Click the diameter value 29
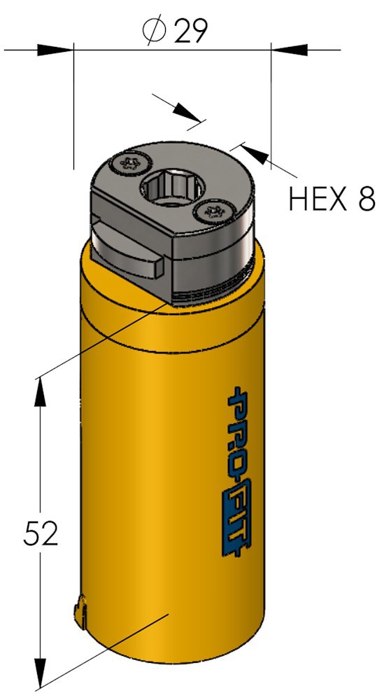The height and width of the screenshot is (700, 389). [190, 31]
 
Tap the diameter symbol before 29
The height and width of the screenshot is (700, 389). [155, 31]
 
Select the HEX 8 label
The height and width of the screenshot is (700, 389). [332, 199]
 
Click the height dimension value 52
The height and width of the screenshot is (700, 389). [41, 533]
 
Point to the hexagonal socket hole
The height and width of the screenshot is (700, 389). [172, 186]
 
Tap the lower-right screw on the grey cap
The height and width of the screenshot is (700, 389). [213, 210]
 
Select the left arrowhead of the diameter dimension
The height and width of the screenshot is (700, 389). [55, 50]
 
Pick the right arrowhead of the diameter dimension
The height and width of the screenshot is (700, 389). [289, 50]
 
